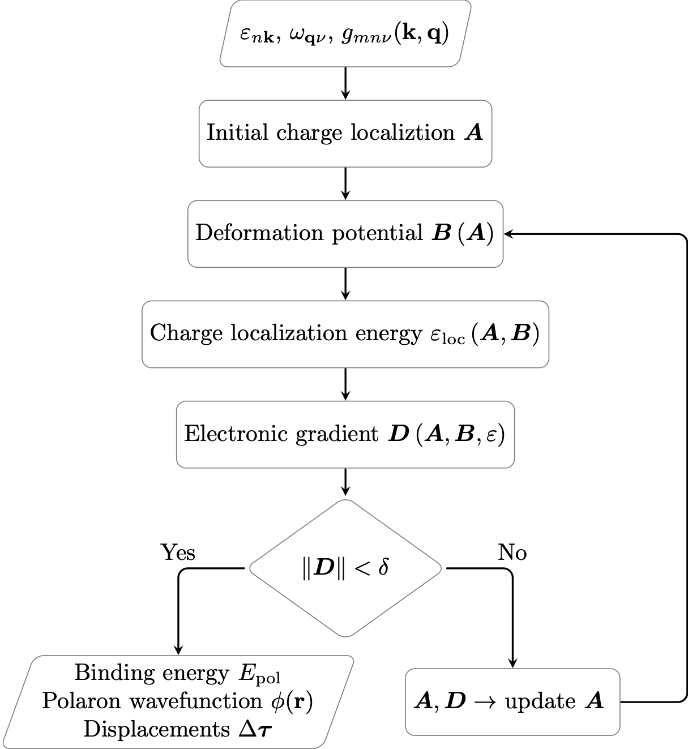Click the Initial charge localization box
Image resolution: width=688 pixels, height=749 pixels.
(345, 134)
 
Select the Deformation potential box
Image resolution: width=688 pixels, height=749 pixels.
(345, 233)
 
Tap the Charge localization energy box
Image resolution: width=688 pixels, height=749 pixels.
(345, 333)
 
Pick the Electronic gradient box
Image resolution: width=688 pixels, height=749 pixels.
(345, 434)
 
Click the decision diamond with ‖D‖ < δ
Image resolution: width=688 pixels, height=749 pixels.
(345, 568)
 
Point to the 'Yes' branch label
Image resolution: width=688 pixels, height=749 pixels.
(178, 552)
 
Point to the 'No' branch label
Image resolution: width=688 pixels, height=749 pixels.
(512, 552)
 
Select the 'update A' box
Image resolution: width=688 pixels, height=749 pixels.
(512, 702)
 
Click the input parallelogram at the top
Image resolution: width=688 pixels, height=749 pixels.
(345, 34)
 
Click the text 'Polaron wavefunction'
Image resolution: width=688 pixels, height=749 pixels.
(152, 701)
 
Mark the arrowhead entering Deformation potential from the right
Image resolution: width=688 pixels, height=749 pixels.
(507, 234)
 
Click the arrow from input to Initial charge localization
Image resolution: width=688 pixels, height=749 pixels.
(345, 83)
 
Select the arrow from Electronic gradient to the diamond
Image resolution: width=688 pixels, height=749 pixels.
(345, 482)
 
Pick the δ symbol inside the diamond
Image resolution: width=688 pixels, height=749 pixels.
(383, 567)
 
